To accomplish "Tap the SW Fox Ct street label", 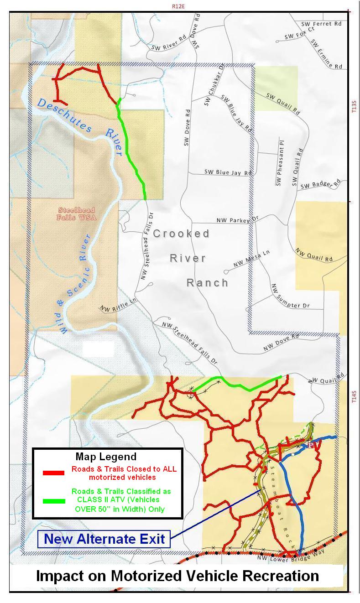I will (x=299, y=33).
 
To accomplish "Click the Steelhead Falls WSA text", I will (x=76, y=213).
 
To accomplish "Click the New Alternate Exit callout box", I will (x=104, y=539).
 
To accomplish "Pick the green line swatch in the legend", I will (x=53, y=500).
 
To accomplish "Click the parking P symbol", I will (x=311, y=445).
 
